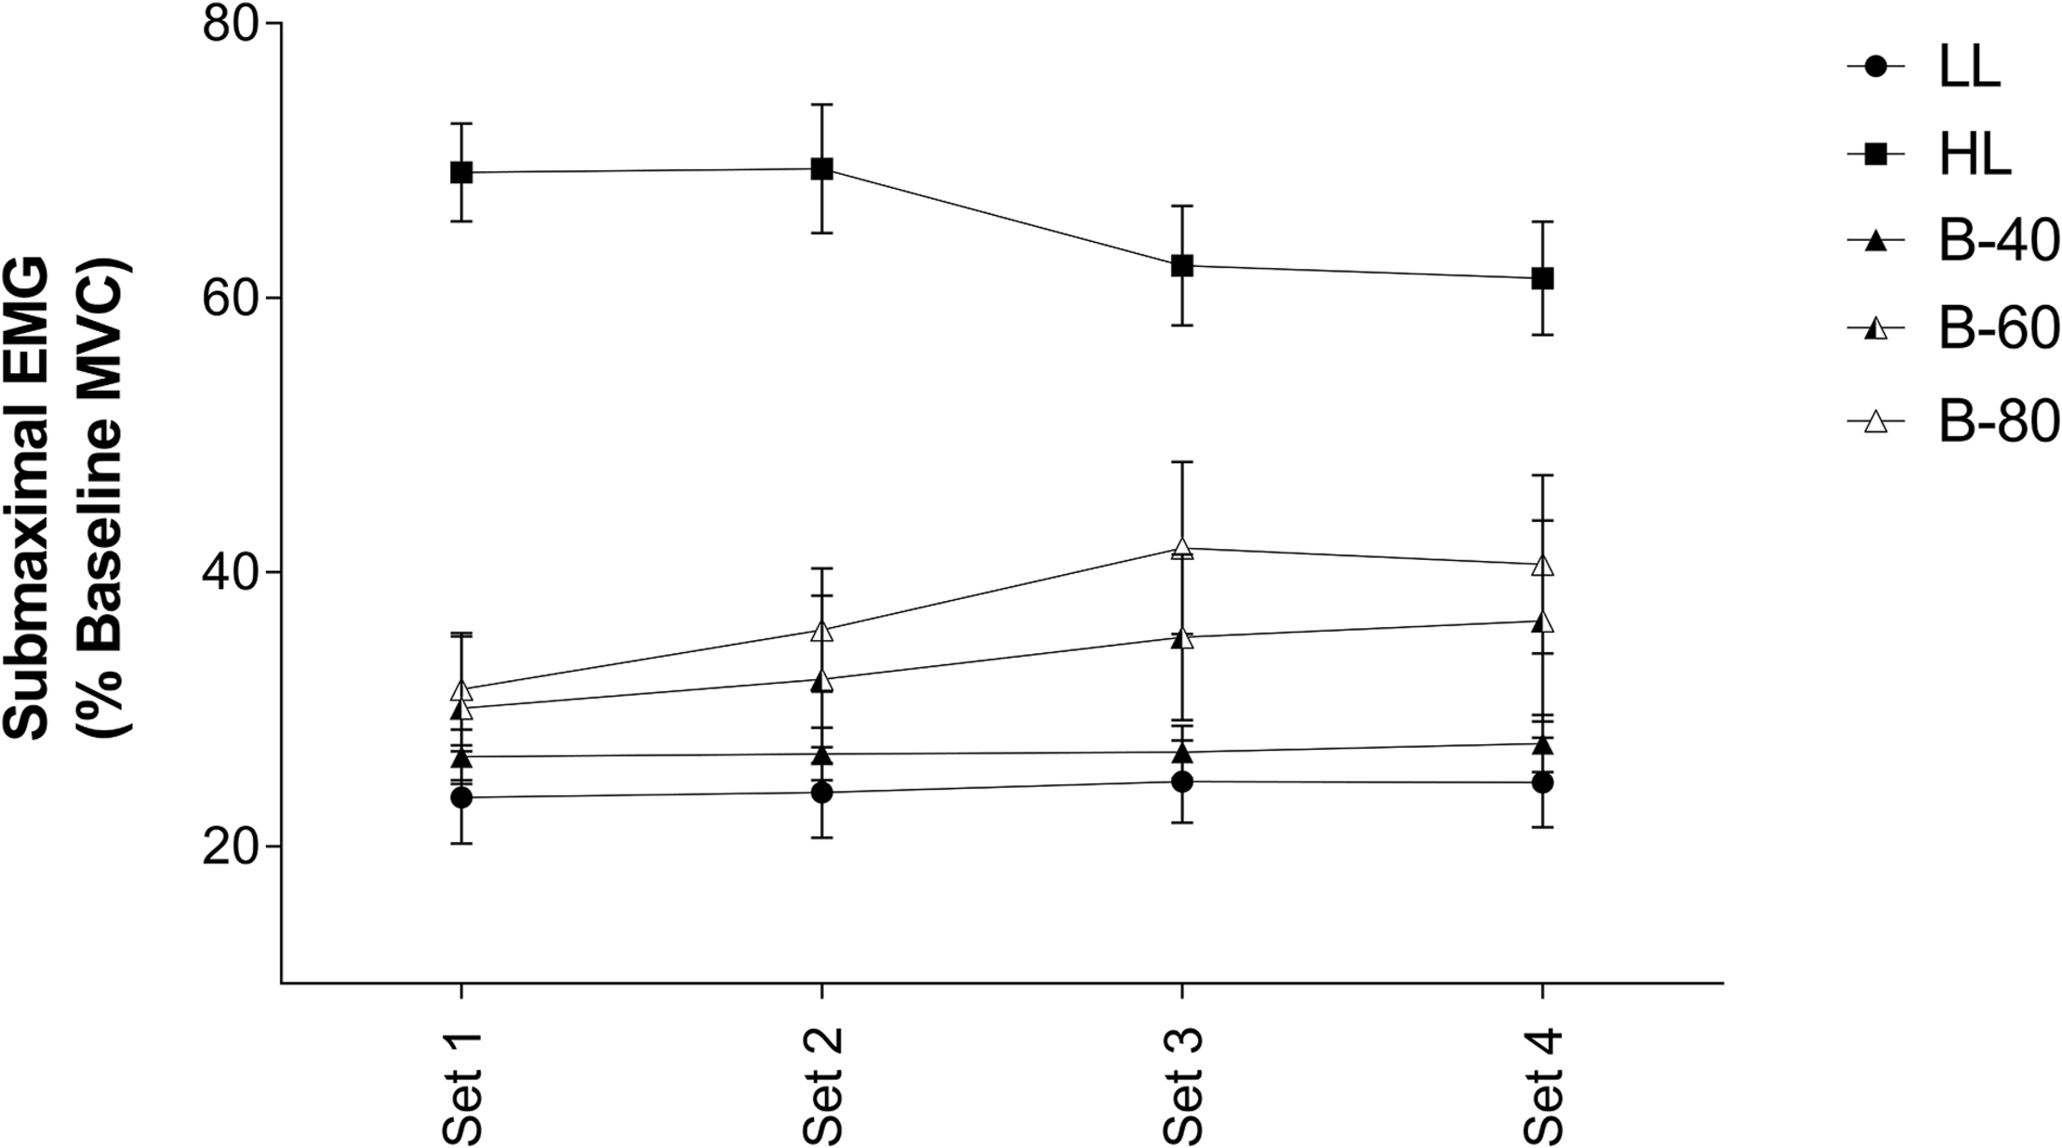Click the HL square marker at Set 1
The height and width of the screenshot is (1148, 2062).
tap(461, 172)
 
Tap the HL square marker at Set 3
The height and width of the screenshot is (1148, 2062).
tap(1182, 266)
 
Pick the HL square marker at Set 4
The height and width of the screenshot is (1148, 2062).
tap(1542, 278)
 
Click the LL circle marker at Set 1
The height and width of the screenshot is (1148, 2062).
tap(461, 797)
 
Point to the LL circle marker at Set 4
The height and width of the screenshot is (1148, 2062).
tap(1542, 782)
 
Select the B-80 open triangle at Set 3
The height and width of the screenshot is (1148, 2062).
tap(1182, 548)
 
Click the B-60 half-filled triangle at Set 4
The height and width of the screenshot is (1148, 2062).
tap(1542, 622)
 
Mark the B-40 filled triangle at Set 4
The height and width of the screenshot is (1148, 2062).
tap(1542, 744)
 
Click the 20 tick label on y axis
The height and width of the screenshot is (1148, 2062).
tap(230, 847)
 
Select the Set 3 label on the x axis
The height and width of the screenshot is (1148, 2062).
tap(1182, 1086)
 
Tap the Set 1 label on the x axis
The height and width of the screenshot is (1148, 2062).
tap(461, 1086)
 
